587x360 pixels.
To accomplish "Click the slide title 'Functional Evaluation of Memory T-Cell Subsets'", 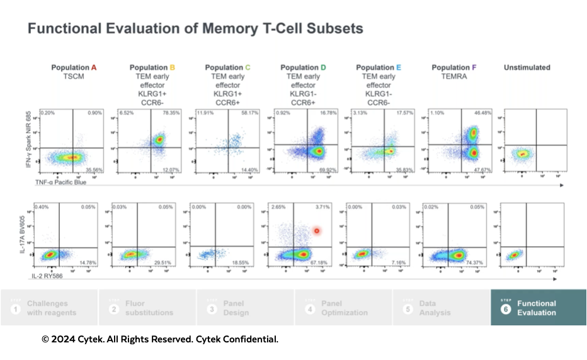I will [195, 28].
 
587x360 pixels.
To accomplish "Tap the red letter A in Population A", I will [94, 67].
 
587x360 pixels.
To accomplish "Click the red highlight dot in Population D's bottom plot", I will [317, 230].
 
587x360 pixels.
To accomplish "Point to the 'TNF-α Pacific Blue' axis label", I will [60, 183].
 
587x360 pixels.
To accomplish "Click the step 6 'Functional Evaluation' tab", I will [537, 308].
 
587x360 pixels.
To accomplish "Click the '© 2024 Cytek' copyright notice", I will [159, 339].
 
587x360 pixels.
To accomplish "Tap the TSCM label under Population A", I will [74, 76].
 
